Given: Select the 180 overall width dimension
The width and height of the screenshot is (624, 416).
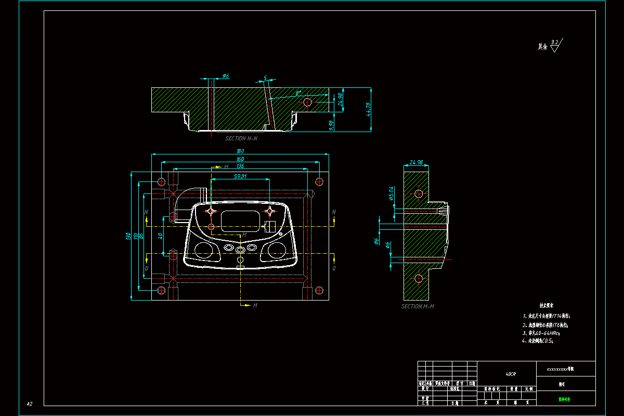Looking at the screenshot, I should pos(240,151).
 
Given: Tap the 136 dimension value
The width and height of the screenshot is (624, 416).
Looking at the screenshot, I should pos(240,166).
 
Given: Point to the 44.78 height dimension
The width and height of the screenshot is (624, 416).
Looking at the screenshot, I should pos(369,109).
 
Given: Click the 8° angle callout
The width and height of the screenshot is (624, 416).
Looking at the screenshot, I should pos(298,94).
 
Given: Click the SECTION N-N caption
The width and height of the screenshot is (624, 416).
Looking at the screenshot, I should pos(241,139).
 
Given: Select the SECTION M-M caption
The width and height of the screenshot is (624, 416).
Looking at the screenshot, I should pos(418,306).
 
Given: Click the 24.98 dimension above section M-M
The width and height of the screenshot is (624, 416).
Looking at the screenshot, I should pos(416,163).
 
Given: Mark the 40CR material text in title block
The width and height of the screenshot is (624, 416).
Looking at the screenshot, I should pos(511,374).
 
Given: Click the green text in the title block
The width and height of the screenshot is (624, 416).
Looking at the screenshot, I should pos(564,400).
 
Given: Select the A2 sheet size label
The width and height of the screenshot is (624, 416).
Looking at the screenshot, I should pos(30,404).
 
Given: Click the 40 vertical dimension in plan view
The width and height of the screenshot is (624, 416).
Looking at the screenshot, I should pos(161,236).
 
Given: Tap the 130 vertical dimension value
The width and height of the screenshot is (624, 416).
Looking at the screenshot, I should pos(128,236).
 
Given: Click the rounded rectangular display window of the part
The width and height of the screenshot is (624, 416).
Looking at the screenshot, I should pos(241,221).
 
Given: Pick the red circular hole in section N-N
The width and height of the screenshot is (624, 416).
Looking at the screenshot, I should pos(307,102).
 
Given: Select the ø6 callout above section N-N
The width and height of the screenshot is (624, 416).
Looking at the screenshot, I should pos(225,76).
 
